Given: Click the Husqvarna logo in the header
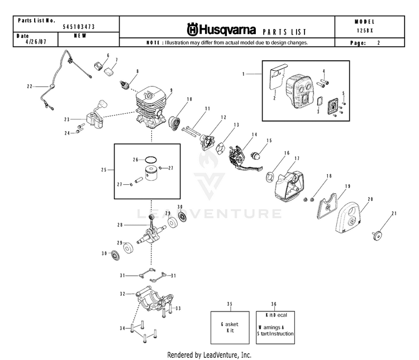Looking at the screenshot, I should [221, 28].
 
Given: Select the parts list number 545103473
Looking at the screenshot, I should [78, 27].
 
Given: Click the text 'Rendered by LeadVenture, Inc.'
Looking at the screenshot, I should [209, 355].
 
